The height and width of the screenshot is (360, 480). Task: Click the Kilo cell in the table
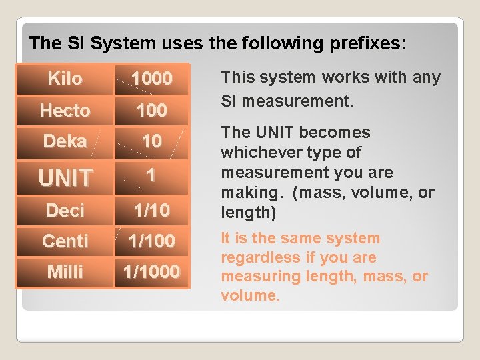pyautogui.click(x=65, y=79)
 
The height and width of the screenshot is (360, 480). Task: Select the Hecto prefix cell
pyautogui.click(x=65, y=110)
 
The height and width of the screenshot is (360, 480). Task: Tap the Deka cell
pyautogui.click(x=65, y=141)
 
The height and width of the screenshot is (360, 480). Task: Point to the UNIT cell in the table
pyautogui.click(x=65, y=177)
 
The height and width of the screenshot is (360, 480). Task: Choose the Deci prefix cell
pyautogui.click(x=65, y=211)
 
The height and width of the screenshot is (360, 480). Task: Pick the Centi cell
pyautogui.click(x=65, y=241)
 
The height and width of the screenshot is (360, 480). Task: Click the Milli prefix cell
pyautogui.click(x=65, y=271)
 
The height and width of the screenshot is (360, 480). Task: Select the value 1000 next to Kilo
pyautogui.click(x=151, y=79)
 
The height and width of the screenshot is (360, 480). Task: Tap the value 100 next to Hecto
pyautogui.click(x=151, y=111)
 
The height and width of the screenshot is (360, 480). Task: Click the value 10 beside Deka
pyautogui.click(x=151, y=141)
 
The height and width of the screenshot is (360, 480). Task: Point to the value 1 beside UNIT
pyautogui.click(x=151, y=175)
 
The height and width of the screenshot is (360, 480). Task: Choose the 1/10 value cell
pyautogui.click(x=151, y=211)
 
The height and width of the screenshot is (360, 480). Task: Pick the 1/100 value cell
pyautogui.click(x=151, y=241)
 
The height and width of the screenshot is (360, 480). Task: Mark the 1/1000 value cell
pyautogui.click(x=151, y=271)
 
